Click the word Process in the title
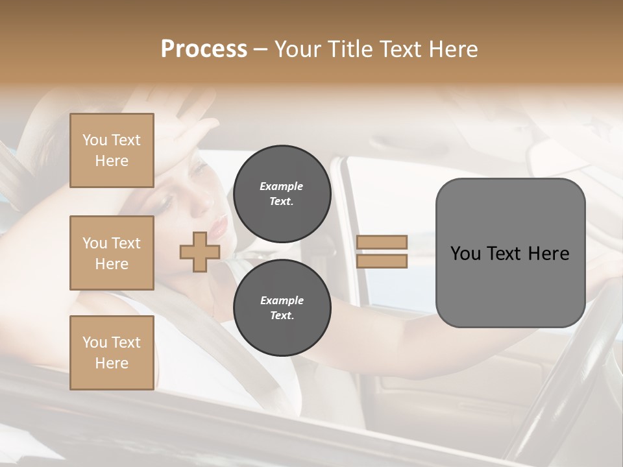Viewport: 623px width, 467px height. coord(204,49)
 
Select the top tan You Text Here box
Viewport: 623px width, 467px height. coord(112,150)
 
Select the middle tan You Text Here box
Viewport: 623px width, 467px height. coord(112,253)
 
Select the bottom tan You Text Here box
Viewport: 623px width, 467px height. coord(112,352)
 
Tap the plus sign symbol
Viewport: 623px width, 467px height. coord(199,252)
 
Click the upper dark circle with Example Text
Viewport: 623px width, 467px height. coord(282,193)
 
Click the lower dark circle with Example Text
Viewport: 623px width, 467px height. coord(282,308)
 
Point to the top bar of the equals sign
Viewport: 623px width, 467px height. coord(382,243)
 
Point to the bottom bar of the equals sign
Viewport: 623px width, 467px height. coord(382,261)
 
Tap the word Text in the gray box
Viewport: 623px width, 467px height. coord(510,254)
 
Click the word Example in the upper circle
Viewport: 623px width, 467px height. coord(282,186)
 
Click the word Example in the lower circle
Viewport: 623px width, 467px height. coord(282,300)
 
